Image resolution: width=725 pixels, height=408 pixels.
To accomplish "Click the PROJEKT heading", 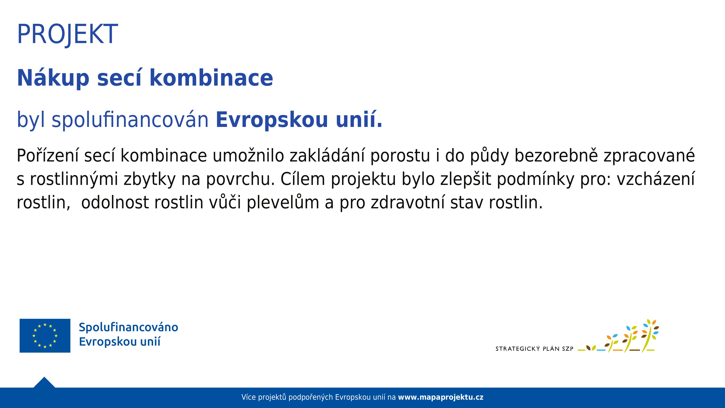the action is pyautogui.click(x=68, y=34).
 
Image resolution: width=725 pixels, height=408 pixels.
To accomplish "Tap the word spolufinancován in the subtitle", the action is pyautogui.click(x=130, y=120).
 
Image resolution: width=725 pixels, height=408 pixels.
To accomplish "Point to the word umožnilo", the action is pyautogui.click(x=248, y=155).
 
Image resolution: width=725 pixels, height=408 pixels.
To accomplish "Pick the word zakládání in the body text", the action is pyautogui.click(x=327, y=155).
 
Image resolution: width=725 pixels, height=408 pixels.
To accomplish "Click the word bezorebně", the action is pyautogui.click(x=556, y=155).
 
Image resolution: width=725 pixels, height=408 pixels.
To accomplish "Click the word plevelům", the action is pyautogui.click(x=283, y=203).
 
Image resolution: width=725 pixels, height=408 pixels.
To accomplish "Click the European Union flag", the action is pyautogui.click(x=45, y=336).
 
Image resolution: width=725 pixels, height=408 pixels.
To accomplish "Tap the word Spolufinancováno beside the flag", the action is pyautogui.click(x=128, y=327).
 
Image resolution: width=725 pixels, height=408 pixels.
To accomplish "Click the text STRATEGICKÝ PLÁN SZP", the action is pyautogui.click(x=534, y=348).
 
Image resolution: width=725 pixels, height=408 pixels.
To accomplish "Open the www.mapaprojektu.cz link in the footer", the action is pyautogui.click(x=440, y=397).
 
